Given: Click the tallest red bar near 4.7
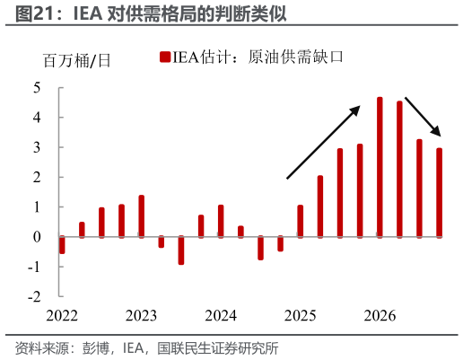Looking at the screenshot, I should point(380,167).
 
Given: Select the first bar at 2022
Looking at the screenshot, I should point(62,244).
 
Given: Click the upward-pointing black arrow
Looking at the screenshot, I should point(323,141).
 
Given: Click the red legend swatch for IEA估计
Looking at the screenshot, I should point(164,58).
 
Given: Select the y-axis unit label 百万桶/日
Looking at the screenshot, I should point(77,61).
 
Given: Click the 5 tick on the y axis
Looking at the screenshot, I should point(37,88).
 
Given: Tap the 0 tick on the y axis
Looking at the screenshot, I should point(37,236).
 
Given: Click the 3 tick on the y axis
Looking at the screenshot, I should point(37,147).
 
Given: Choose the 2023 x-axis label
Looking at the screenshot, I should point(141,316).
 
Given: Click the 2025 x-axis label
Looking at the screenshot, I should point(301,316).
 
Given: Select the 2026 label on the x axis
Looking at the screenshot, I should point(380,316).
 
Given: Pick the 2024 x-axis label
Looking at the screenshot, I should point(221,316).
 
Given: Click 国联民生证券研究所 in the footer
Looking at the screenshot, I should point(218,347).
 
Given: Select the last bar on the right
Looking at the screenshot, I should point(440,192).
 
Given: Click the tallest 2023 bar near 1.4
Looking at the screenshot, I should point(142,215).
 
